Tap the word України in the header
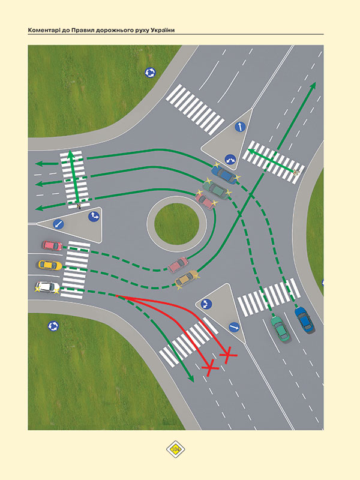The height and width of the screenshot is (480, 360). click(163, 31)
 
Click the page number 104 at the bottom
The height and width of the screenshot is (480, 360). click(176, 449)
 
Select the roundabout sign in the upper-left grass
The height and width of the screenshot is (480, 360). click(150, 73)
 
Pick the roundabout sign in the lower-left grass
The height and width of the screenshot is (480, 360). click(53, 326)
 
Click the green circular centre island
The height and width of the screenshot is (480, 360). click(176, 224)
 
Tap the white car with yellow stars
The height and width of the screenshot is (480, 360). click(48, 287)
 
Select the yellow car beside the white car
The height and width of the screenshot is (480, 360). click(50, 265)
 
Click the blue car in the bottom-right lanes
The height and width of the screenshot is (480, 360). click(304, 320)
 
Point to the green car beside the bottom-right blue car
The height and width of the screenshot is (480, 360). click(280, 329)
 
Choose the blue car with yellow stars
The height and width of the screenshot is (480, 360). click(225, 174)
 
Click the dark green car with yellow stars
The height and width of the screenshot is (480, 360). click(217, 190)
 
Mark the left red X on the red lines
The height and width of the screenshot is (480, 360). click(210, 367)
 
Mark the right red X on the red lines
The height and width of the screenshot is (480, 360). click(228, 355)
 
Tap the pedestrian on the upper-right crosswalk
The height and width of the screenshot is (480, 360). click(295, 173)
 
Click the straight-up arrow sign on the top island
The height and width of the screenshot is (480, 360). click(240, 127)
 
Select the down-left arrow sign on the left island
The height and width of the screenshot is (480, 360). click(58, 224)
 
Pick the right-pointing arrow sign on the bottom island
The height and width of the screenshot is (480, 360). click(234, 327)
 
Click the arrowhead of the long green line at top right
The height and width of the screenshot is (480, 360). click(313, 86)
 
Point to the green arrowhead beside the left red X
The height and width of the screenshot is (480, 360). click(191, 379)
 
